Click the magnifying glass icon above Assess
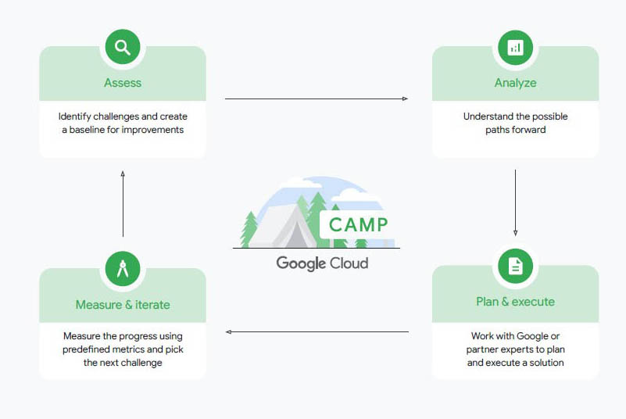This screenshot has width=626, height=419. click(123, 48)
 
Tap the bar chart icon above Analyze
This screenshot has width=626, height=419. click(515, 48)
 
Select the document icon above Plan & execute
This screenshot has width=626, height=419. click(515, 266)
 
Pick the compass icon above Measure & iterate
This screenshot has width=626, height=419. click(123, 269)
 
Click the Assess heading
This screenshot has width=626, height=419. click(123, 83)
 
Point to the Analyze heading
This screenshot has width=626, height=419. click(515, 83)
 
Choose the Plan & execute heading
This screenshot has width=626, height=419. click(515, 302)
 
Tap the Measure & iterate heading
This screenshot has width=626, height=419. click(123, 305)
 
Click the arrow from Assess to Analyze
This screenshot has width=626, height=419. click(317, 98)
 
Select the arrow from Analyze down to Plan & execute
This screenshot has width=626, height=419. click(515, 202)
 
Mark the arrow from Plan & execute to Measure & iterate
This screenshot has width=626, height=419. click(317, 332)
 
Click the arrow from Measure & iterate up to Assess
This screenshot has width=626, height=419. click(123, 203)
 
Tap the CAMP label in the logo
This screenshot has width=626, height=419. click(358, 225)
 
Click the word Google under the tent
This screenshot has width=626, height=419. click(300, 263)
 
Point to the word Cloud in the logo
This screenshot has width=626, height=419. click(349, 263)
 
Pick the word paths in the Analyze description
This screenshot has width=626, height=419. click(499, 130)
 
